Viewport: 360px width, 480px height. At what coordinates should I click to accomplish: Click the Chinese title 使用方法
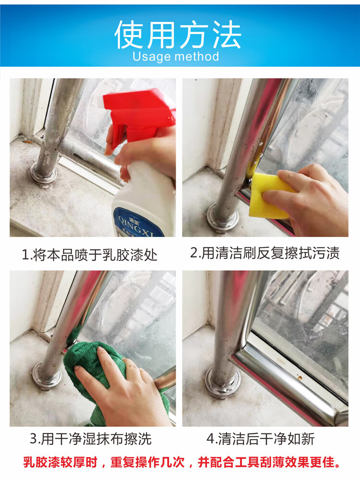[178, 34]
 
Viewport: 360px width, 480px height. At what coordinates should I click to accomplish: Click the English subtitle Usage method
[176, 57]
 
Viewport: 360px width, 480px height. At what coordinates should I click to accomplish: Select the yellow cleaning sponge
[269, 196]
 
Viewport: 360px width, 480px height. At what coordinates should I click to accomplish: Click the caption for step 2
[265, 253]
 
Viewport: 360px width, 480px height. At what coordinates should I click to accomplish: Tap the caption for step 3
[91, 439]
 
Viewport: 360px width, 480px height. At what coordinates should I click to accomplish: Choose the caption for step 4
[261, 439]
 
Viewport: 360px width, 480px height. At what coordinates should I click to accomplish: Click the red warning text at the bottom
[182, 462]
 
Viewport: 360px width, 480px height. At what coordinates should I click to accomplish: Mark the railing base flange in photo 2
[223, 217]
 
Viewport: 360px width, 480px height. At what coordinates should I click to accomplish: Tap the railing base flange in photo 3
[47, 376]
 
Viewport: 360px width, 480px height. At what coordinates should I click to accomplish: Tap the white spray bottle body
[144, 202]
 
